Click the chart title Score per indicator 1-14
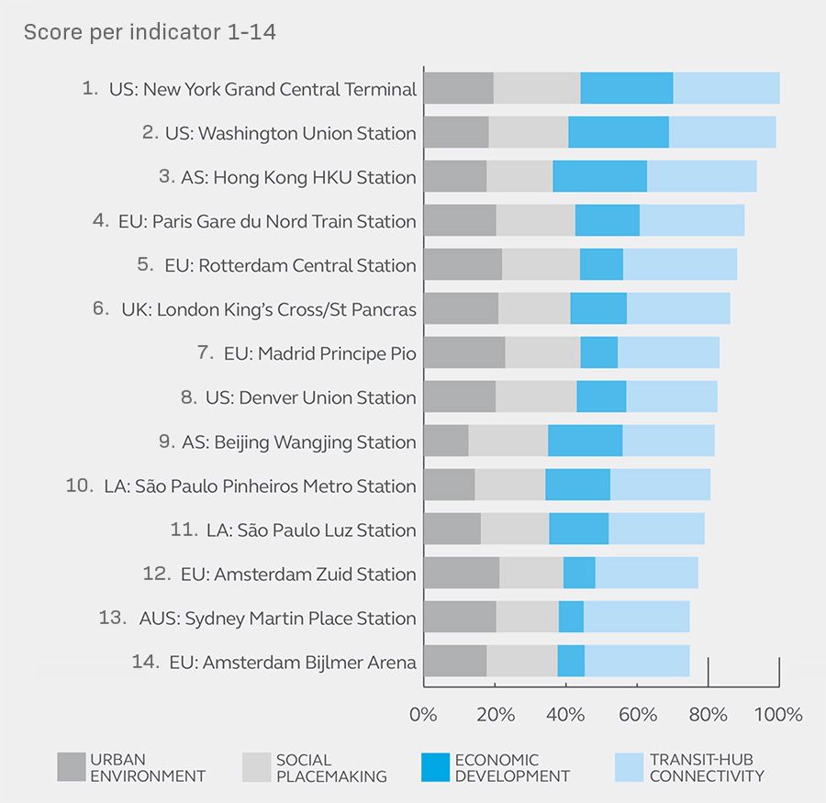[150, 32]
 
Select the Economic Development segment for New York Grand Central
[627, 88]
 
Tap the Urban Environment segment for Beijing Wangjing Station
[446, 441]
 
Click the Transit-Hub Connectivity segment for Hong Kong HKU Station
[701, 176]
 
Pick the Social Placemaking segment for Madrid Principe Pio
[542, 352]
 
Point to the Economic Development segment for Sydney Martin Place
[571, 617]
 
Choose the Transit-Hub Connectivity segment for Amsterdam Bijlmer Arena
[637, 661]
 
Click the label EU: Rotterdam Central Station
[290, 265]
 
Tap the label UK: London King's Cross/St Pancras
[268, 309]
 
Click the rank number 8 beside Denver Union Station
[188, 397]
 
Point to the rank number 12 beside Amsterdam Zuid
[157, 574]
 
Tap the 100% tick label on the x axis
[779, 714]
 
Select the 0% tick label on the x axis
[423, 714]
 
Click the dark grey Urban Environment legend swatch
[71, 767]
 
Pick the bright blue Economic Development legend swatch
[435, 767]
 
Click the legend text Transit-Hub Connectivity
[706, 767]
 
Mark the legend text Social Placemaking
[331, 767]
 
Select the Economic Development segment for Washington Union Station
[619, 132]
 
